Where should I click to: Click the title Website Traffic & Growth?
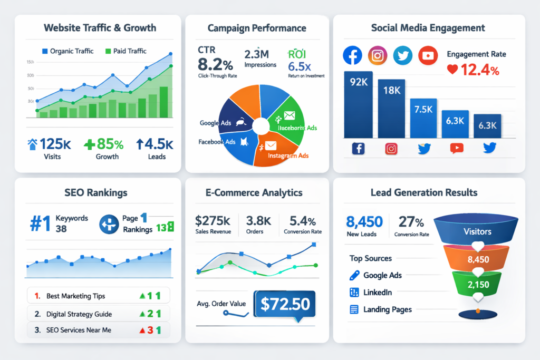pyautogui.click(x=100, y=27)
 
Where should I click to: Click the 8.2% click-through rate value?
pyautogui.click(x=215, y=65)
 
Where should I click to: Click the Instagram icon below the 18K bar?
pyautogui.click(x=391, y=149)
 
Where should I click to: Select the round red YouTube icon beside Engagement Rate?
pyautogui.click(x=428, y=55)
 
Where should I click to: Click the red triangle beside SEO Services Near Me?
pyautogui.click(x=142, y=330)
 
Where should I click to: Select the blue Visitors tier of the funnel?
pyautogui.click(x=477, y=231)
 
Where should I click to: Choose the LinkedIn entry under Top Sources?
pyautogui.click(x=377, y=293)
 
